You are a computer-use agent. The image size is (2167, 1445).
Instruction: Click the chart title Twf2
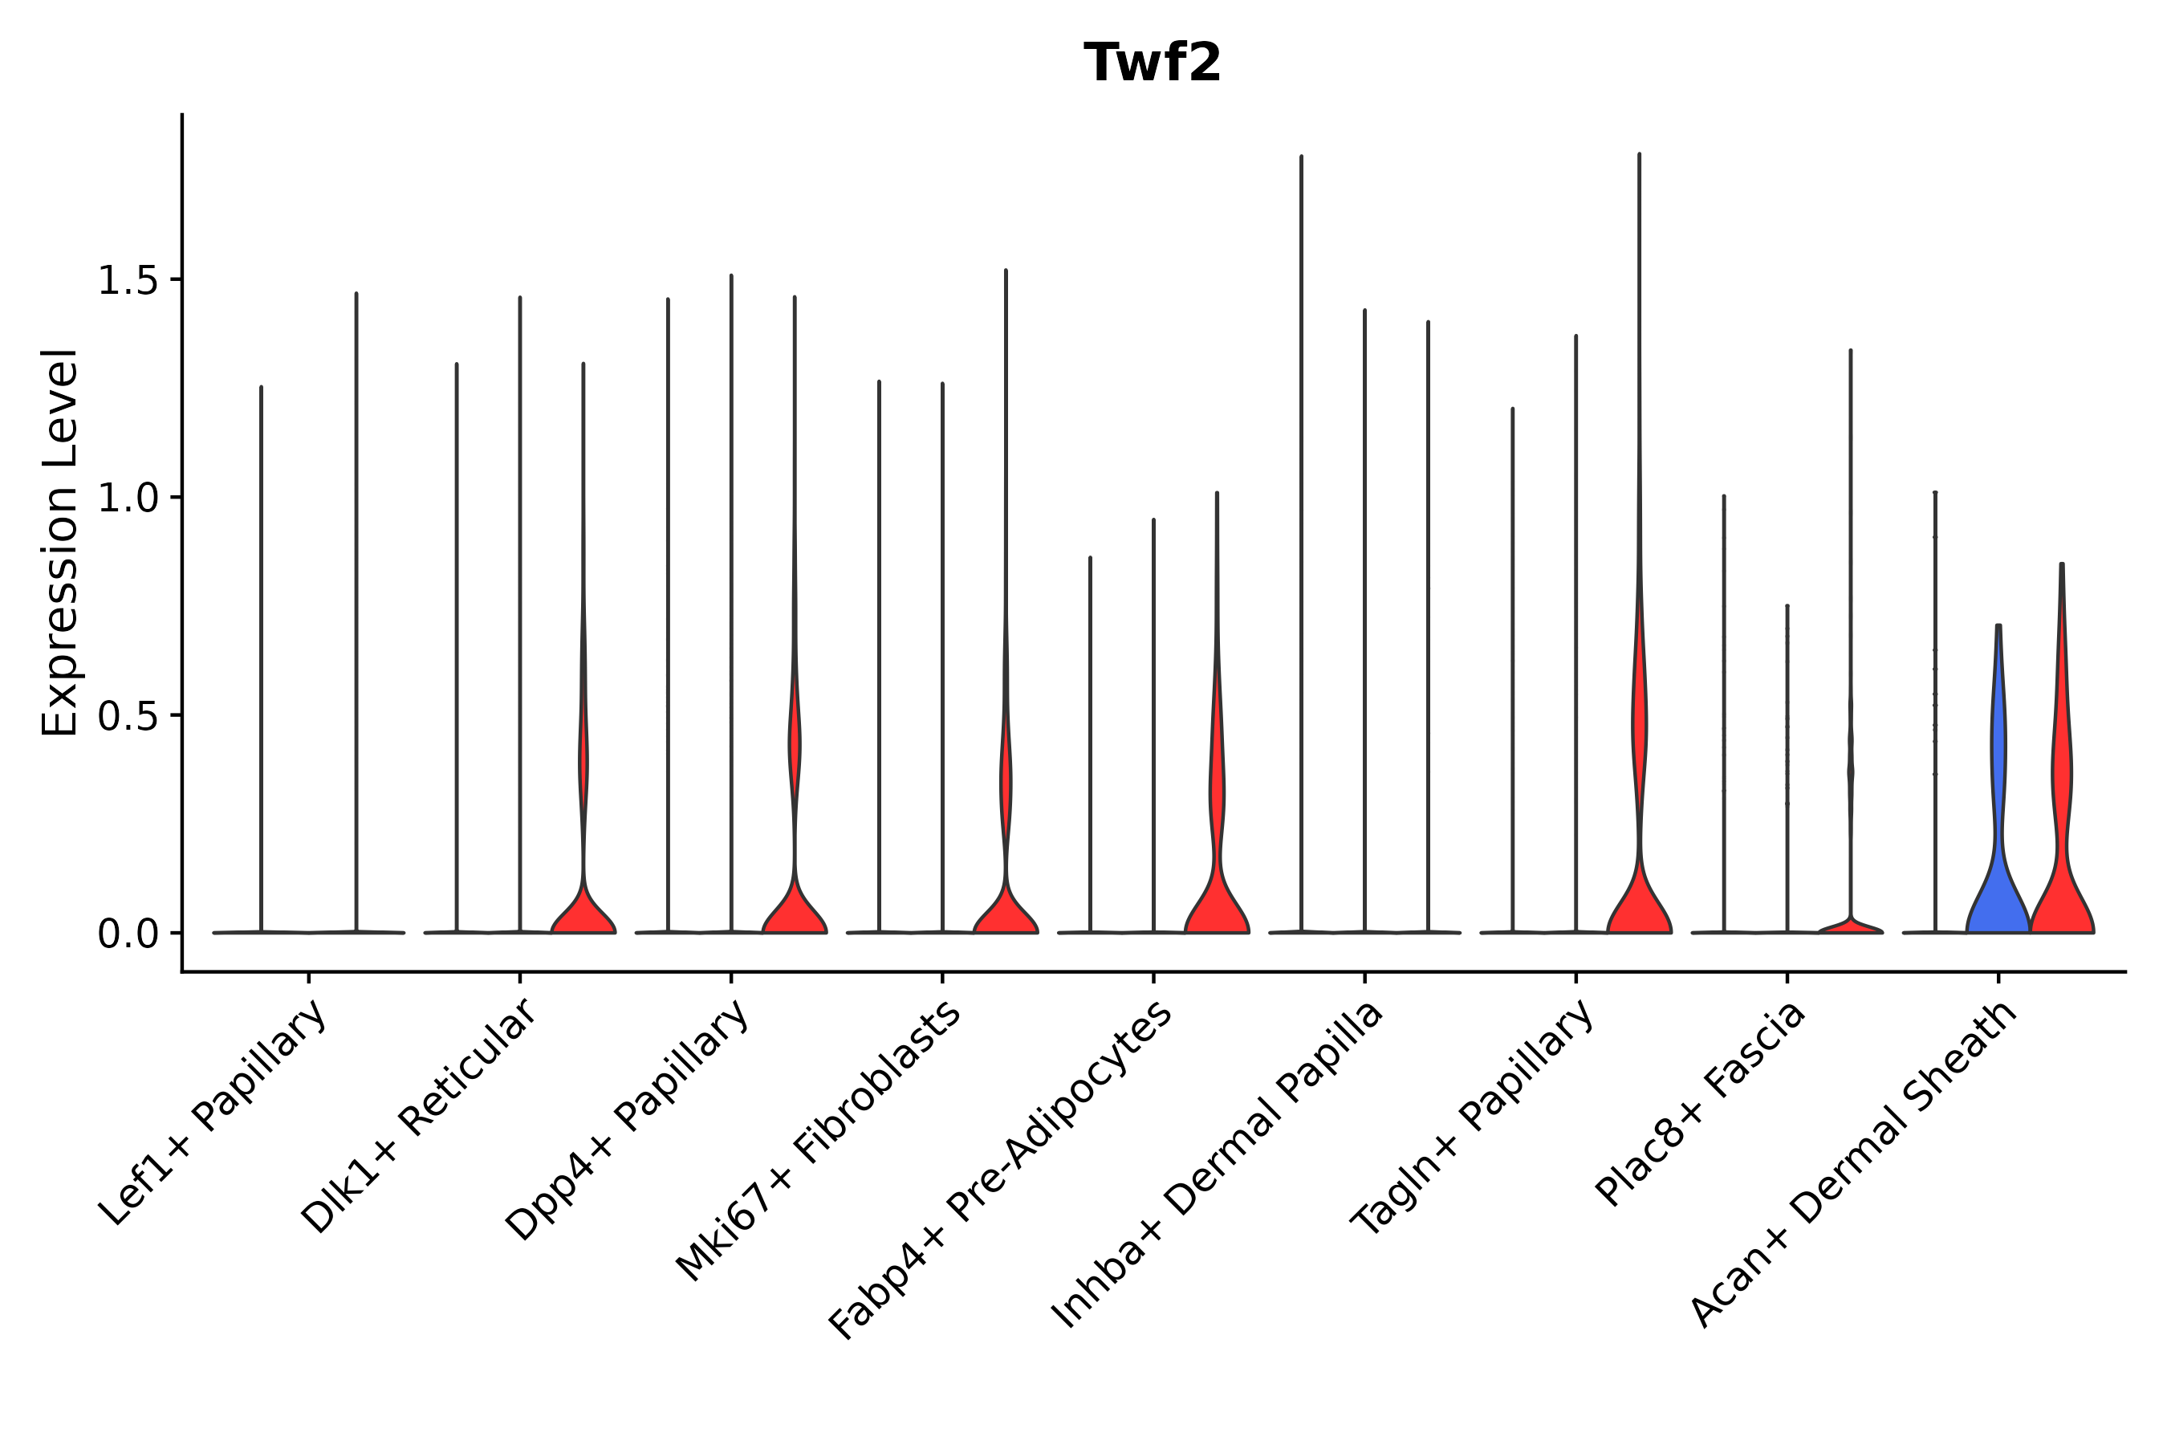click(1152, 63)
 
